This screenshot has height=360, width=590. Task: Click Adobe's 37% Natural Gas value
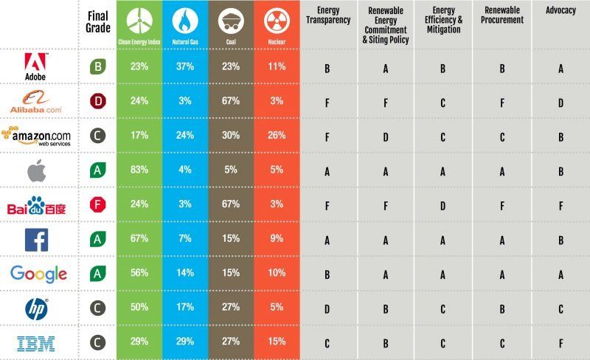(x=185, y=68)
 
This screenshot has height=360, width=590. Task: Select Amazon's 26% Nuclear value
(x=276, y=136)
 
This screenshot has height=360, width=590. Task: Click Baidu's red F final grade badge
(x=95, y=205)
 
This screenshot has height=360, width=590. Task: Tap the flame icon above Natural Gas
(x=185, y=21)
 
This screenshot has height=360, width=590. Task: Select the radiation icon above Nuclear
(x=276, y=21)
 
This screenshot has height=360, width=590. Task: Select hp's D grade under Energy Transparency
(x=327, y=308)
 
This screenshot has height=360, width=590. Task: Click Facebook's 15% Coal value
(x=230, y=239)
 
